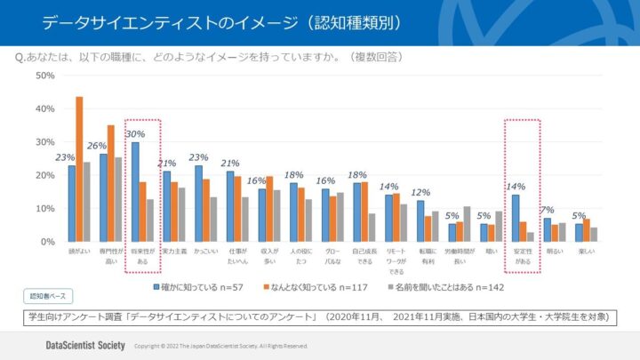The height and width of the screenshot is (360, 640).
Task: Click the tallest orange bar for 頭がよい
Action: [x=79, y=169]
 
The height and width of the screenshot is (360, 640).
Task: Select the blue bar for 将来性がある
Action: [x=135, y=192]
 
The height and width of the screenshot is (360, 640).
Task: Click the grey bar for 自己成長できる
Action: [x=372, y=228]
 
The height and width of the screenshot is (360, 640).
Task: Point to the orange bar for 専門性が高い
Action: [x=111, y=183]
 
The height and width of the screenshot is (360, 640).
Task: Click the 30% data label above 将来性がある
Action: [x=136, y=134]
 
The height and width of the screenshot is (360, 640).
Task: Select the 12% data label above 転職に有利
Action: [x=420, y=192]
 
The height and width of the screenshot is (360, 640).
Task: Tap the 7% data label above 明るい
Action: [x=548, y=210]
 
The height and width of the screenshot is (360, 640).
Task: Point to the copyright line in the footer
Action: [x=220, y=346]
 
